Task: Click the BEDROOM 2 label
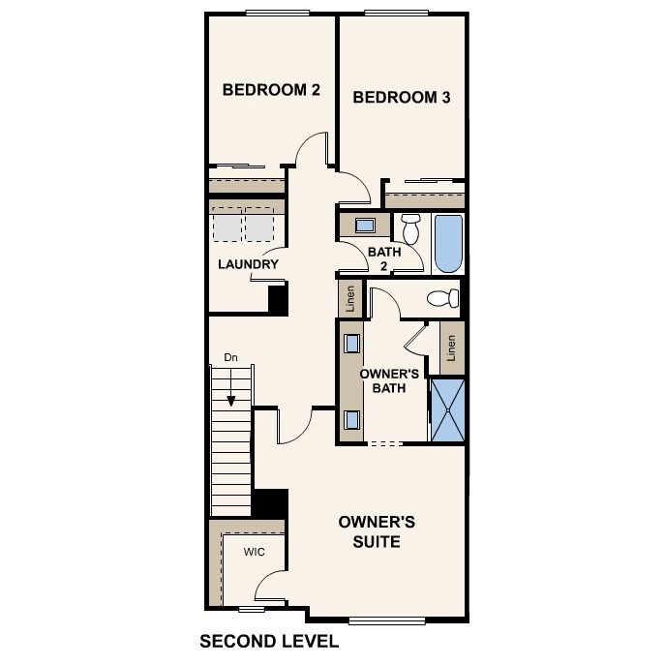click(271, 90)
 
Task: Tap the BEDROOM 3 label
click(401, 97)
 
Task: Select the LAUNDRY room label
click(248, 264)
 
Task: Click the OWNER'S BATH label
click(388, 380)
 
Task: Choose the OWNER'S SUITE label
click(377, 531)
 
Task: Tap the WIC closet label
click(254, 552)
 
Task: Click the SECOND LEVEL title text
click(268, 641)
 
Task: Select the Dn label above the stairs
click(230, 357)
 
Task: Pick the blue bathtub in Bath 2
click(448, 243)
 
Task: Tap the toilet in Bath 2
click(410, 229)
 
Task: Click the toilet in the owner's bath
click(443, 298)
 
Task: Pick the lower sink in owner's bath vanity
click(351, 419)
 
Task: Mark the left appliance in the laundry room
click(227, 226)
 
